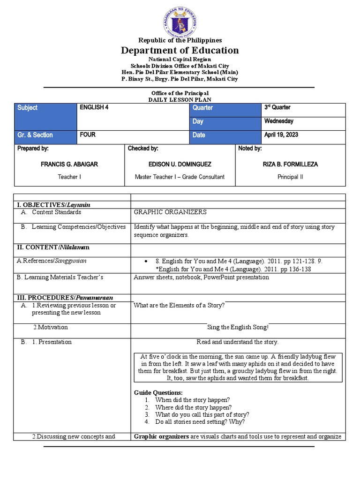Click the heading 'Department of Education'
click(x=180, y=50)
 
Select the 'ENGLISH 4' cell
click(x=94, y=108)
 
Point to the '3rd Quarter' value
click(x=277, y=108)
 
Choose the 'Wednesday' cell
click(x=278, y=121)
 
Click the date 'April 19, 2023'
click(x=281, y=135)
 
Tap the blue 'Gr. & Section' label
click(x=35, y=135)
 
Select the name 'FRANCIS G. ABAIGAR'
click(x=69, y=165)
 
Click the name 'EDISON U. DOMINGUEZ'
click(x=180, y=165)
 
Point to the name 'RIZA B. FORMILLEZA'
click(x=290, y=165)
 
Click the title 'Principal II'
click(x=290, y=177)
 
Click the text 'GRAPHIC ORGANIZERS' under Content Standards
click(x=170, y=212)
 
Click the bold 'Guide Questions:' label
click(x=158, y=392)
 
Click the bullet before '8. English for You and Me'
click(x=147, y=261)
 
